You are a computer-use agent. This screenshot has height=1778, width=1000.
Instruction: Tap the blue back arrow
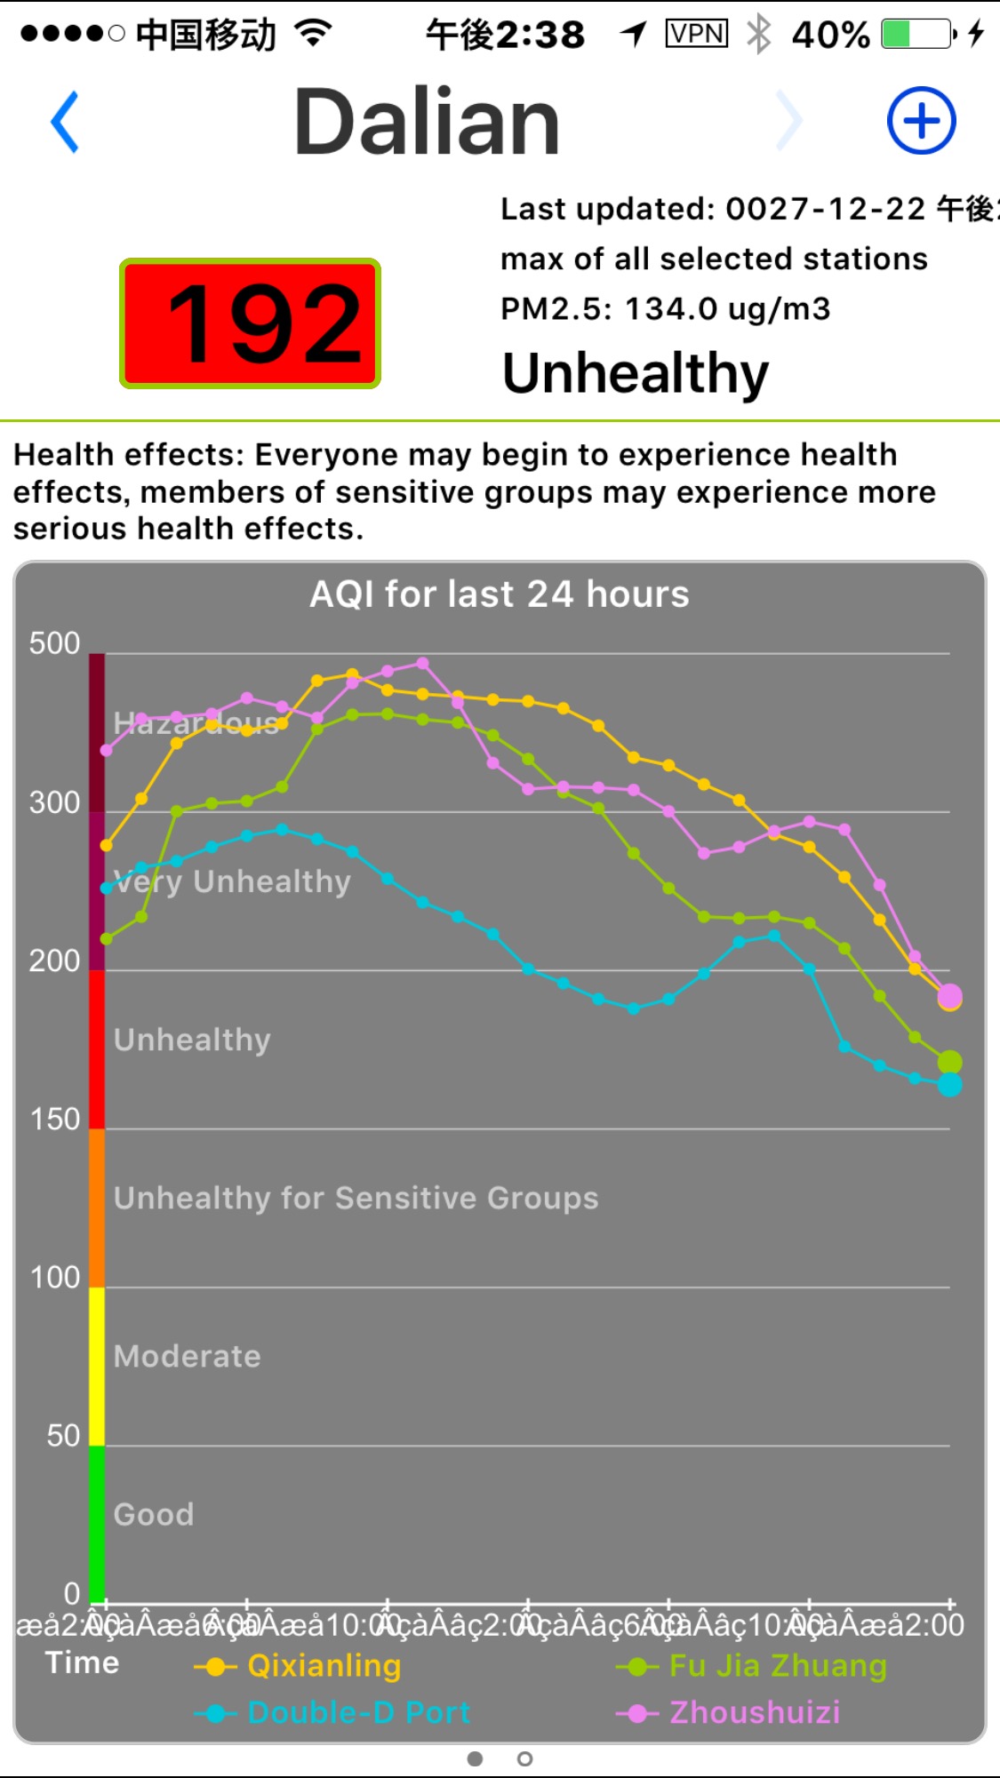pyautogui.click(x=65, y=122)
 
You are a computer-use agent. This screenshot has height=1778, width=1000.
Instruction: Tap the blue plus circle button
pyautogui.click(x=921, y=121)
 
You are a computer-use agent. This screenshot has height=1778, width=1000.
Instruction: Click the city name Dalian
pyautogui.click(x=427, y=122)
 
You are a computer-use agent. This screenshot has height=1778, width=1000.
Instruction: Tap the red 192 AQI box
pyautogui.click(x=251, y=323)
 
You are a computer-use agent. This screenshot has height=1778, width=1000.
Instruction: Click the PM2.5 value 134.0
pyautogui.click(x=670, y=309)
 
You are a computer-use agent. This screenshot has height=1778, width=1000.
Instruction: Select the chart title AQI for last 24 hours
pyautogui.click(x=499, y=594)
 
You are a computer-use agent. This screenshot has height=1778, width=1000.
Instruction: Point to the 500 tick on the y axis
pyautogui.click(x=54, y=643)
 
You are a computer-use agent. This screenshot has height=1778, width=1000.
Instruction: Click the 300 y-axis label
pyautogui.click(x=54, y=802)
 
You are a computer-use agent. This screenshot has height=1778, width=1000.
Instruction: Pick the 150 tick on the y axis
pyautogui.click(x=54, y=1120)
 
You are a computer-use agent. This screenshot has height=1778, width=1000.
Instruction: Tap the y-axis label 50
pyautogui.click(x=62, y=1436)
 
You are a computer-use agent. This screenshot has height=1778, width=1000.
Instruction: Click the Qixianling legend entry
pyautogui.click(x=324, y=1666)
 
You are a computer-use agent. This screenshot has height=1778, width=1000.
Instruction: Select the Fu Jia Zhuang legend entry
pyautogui.click(x=777, y=1666)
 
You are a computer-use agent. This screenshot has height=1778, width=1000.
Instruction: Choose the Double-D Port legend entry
pyautogui.click(x=357, y=1712)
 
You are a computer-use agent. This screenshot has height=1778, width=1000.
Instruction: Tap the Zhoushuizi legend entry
pyautogui.click(x=754, y=1712)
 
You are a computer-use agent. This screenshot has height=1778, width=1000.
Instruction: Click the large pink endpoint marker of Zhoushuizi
pyautogui.click(x=949, y=995)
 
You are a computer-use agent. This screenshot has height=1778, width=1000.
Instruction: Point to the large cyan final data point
pyautogui.click(x=949, y=1085)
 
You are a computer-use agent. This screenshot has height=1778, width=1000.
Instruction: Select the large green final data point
pyautogui.click(x=949, y=1062)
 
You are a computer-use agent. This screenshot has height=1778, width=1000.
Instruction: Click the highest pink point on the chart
pyautogui.click(x=423, y=663)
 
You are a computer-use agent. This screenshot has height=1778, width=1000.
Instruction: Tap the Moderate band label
pyautogui.click(x=188, y=1357)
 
